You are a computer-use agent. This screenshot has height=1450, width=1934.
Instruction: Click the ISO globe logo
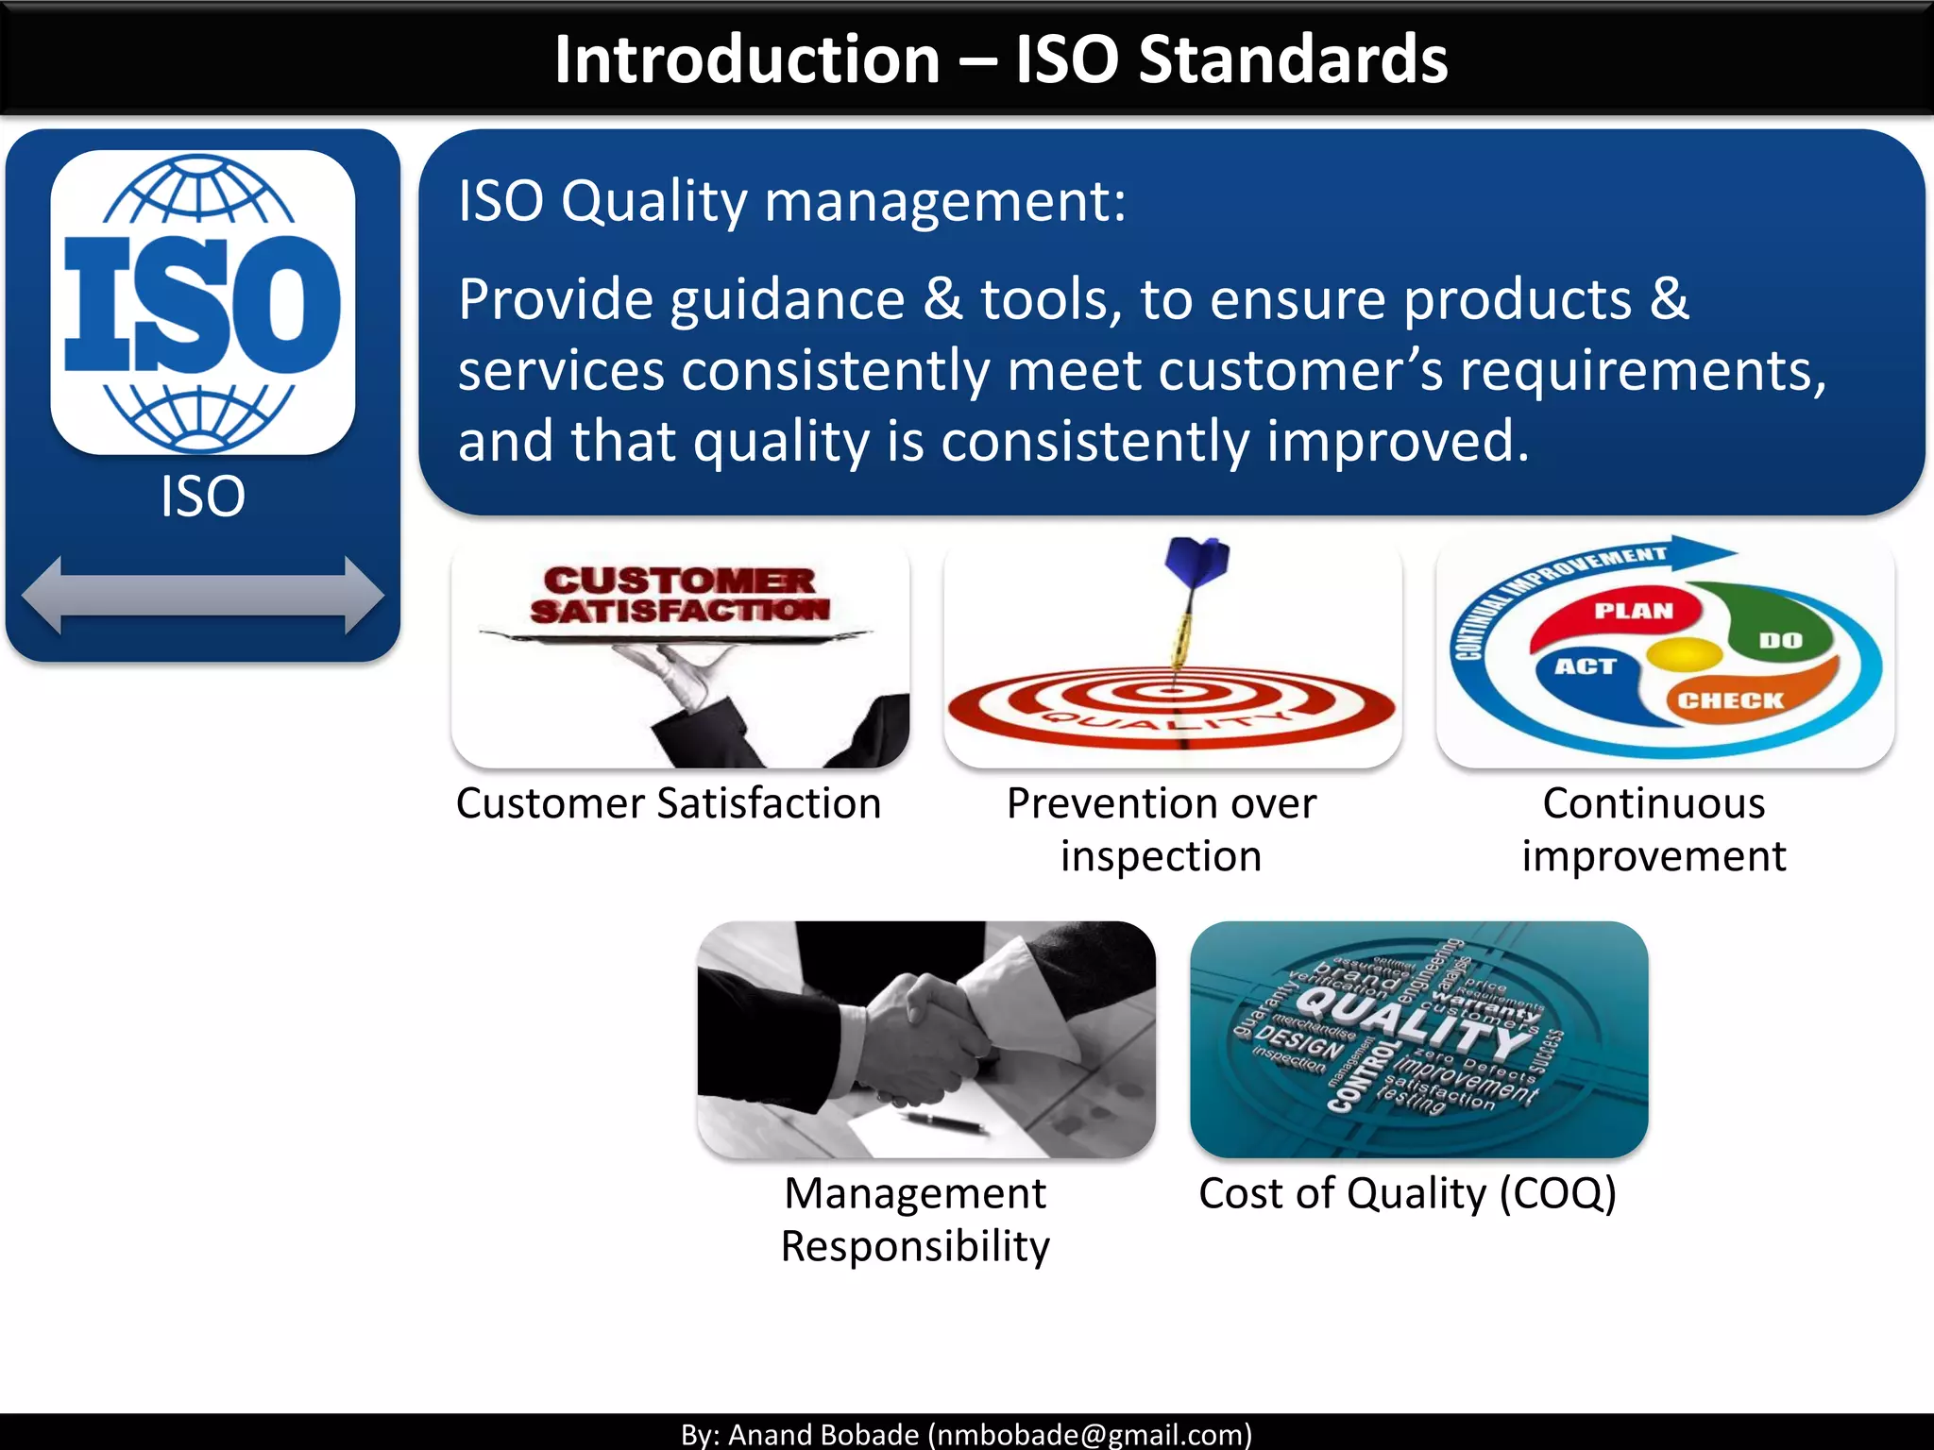click(x=202, y=302)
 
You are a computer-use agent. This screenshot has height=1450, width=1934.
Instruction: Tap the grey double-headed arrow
click(x=202, y=595)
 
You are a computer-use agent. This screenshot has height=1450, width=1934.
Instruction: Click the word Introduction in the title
click(x=747, y=59)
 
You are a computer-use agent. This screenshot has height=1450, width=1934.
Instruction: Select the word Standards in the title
click(x=1293, y=59)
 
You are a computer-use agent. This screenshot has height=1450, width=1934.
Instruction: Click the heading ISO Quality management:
click(x=791, y=201)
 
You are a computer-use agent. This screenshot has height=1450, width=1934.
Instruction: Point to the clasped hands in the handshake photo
click(x=921, y=1038)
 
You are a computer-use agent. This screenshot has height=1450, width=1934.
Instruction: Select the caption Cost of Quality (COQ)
click(x=1407, y=1193)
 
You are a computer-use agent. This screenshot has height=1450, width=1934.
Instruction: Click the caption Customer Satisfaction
click(x=669, y=803)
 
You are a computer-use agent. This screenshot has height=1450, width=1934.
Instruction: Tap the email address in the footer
click(x=1090, y=1434)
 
